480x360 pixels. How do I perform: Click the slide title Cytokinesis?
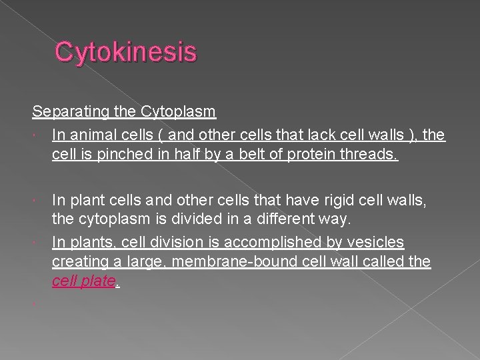(x=126, y=52)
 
